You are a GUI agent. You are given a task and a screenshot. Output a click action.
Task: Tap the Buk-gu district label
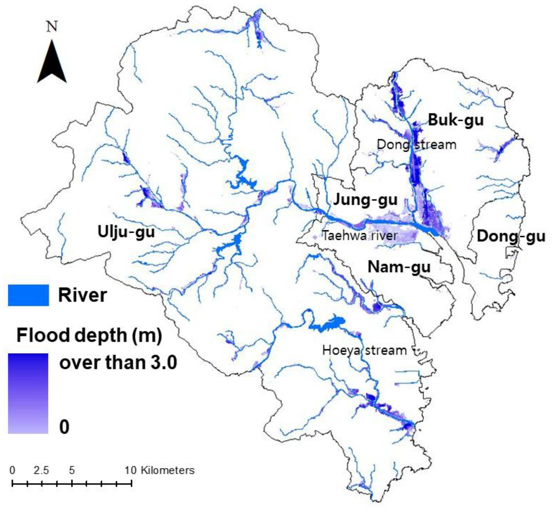click(x=456, y=120)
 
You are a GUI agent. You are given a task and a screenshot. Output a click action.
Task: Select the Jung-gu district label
click(x=365, y=200)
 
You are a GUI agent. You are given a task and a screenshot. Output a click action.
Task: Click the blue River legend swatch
click(x=29, y=295)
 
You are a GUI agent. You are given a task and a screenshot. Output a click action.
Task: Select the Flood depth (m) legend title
click(x=89, y=336)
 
